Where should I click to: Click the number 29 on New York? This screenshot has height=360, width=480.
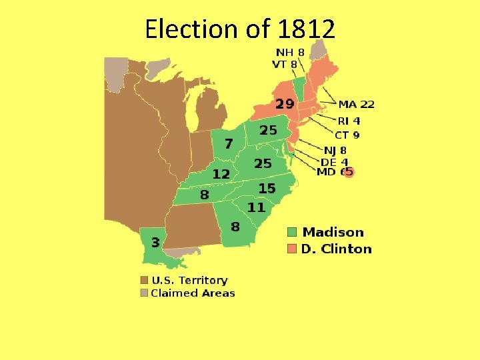[285, 103]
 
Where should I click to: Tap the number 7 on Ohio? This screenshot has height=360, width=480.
[229, 143]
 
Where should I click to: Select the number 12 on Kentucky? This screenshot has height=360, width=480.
[221, 174]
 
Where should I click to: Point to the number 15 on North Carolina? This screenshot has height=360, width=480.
[267, 189]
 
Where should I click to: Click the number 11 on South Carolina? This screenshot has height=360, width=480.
[256, 207]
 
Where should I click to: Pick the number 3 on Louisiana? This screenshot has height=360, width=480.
[154, 241]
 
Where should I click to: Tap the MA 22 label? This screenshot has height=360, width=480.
[357, 104]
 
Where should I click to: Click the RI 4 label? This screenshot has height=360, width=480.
[349, 121]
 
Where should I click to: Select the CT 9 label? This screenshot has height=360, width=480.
[347, 135]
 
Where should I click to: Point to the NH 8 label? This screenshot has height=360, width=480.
[291, 52]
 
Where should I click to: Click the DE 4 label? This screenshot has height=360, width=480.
[335, 162]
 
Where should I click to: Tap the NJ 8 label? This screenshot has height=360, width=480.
[335, 151]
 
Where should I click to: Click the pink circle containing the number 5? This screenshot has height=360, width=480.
[348, 172]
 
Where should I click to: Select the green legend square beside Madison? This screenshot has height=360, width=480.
[292, 232]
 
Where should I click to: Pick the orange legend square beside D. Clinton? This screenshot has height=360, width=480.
[292, 249]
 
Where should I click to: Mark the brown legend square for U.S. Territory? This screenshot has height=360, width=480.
[144, 281]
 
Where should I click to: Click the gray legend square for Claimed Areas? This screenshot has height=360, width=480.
[144, 293]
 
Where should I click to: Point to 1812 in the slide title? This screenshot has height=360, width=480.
[307, 29]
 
